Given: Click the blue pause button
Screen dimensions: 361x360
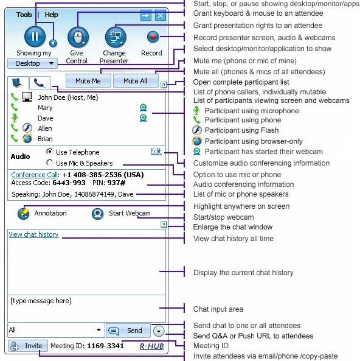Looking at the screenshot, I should (x=35, y=37).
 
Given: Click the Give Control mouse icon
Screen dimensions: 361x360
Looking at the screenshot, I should (x=77, y=38).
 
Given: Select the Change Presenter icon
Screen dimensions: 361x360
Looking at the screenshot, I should (x=115, y=37).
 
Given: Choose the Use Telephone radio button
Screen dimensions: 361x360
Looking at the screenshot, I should (x=50, y=152).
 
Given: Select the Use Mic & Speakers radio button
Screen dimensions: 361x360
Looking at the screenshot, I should (x=50, y=163).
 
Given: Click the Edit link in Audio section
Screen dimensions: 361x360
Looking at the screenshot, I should (x=156, y=151).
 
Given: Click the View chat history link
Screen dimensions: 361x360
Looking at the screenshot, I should (x=33, y=234).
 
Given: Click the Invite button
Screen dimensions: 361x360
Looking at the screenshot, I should (x=27, y=346).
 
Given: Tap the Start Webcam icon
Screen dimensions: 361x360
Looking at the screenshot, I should (x=97, y=214).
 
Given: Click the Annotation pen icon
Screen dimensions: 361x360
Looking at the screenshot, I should (x=24, y=214).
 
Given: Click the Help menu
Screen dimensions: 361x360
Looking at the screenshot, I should (x=52, y=15).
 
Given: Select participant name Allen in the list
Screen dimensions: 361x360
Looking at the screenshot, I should (x=45, y=128).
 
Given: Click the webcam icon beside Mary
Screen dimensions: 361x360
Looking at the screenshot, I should (x=144, y=108).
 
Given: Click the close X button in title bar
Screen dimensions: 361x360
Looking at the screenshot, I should (x=160, y=15).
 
